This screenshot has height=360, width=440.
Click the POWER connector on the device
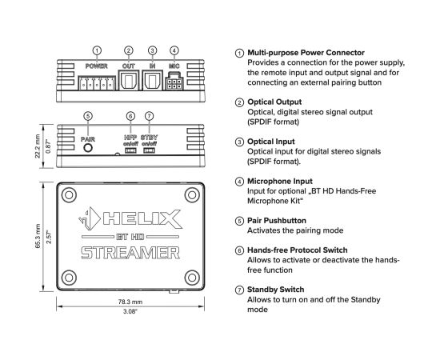pyautogui.click(x=97, y=83)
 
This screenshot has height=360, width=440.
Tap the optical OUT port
pyautogui.click(x=129, y=81)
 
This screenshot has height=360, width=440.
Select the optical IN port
pyautogui.click(x=152, y=81)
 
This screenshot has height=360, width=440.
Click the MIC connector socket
pyautogui.click(x=174, y=82)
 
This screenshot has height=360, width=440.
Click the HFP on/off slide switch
pyautogui.click(x=130, y=150)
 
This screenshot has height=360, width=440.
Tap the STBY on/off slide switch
pyautogui.click(x=149, y=150)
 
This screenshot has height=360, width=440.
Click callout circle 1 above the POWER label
pyautogui.click(x=97, y=50)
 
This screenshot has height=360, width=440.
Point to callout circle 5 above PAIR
pyautogui.click(x=88, y=116)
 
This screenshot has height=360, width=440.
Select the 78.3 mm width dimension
pyautogui.click(x=130, y=302)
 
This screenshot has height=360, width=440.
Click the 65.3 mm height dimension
pyautogui.click(x=38, y=236)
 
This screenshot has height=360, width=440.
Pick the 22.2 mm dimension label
pyautogui.click(x=38, y=146)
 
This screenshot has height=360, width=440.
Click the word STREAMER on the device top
pyautogui.click(x=130, y=253)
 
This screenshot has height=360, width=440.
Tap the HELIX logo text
pyautogui.click(x=142, y=218)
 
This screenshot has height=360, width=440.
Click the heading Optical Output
pyautogui.click(x=274, y=102)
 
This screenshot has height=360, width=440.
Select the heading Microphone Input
pyautogui.click(x=280, y=182)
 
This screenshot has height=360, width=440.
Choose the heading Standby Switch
pyautogui.click(x=275, y=290)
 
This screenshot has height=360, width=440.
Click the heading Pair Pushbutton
pyautogui.click(x=277, y=221)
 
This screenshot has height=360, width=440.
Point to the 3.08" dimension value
pyautogui.click(x=130, y=311)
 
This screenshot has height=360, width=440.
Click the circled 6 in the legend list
pyautogui.click(x=239, y=250)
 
